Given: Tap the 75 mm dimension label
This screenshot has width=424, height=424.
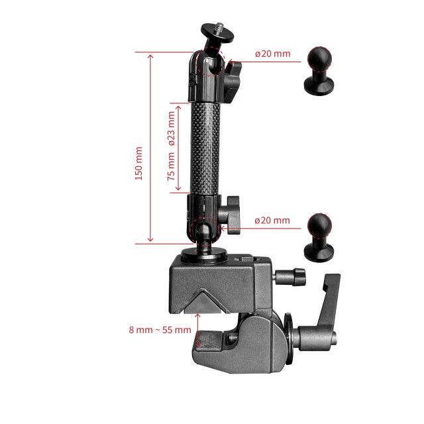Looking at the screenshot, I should pos(171,166).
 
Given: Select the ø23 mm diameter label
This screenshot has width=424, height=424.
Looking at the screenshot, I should pos(171,128).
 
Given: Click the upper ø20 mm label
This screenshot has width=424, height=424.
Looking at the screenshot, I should pos(272,54).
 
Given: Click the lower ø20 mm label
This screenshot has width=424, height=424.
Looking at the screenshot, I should pos(272,220).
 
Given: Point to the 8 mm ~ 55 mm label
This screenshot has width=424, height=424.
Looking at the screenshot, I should pos(160,329).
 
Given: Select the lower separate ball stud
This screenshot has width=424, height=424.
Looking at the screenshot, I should pos(321,237).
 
